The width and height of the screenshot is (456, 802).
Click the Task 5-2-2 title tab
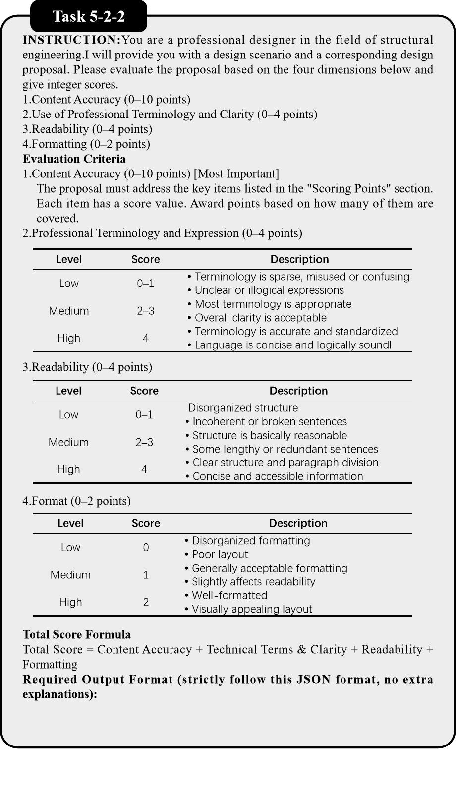coord(88,17)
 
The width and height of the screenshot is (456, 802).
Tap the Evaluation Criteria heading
coord(74,159)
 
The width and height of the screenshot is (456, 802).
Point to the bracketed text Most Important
coord(236,174)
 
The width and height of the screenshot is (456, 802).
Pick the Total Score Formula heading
coord(76,635)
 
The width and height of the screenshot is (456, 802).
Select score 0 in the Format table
coord(146,548)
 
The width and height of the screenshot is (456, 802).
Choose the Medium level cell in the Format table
coord(70,575)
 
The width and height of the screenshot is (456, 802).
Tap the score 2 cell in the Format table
coord(146,602)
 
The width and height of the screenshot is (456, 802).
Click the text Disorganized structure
coord(243,408)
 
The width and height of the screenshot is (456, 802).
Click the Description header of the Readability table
coord(298,391)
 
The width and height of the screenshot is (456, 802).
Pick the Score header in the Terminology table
coord(145,259)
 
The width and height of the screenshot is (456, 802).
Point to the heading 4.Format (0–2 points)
coord(76,501)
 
